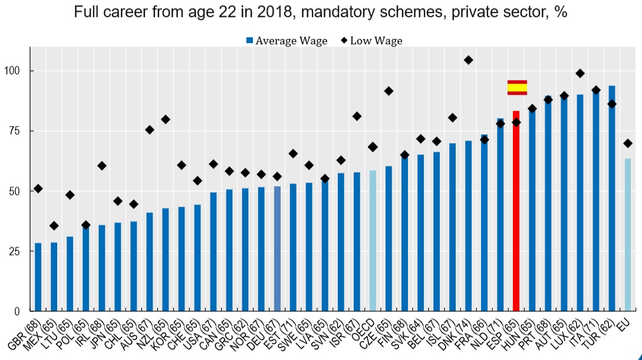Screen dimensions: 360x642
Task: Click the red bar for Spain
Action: pyautogui.click(x=516, y=210)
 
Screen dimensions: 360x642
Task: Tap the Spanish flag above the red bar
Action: pyautogui.click(x=517, y=87)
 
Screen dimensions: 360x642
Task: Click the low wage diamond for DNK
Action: pyautogui.click(x=468, y=60)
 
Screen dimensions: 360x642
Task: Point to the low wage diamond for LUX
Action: pyautogui.click(x=580, y=74)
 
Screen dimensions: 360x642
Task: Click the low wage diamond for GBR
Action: pyautogui.click(x=38, y=189)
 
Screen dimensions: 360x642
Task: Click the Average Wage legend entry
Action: pyautogui.click(x=286, y=41)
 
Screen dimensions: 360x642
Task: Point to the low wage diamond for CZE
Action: pyautogui.click(x=389, y=91)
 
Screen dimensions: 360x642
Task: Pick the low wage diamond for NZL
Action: pyautogui.click(x=166, y=120)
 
